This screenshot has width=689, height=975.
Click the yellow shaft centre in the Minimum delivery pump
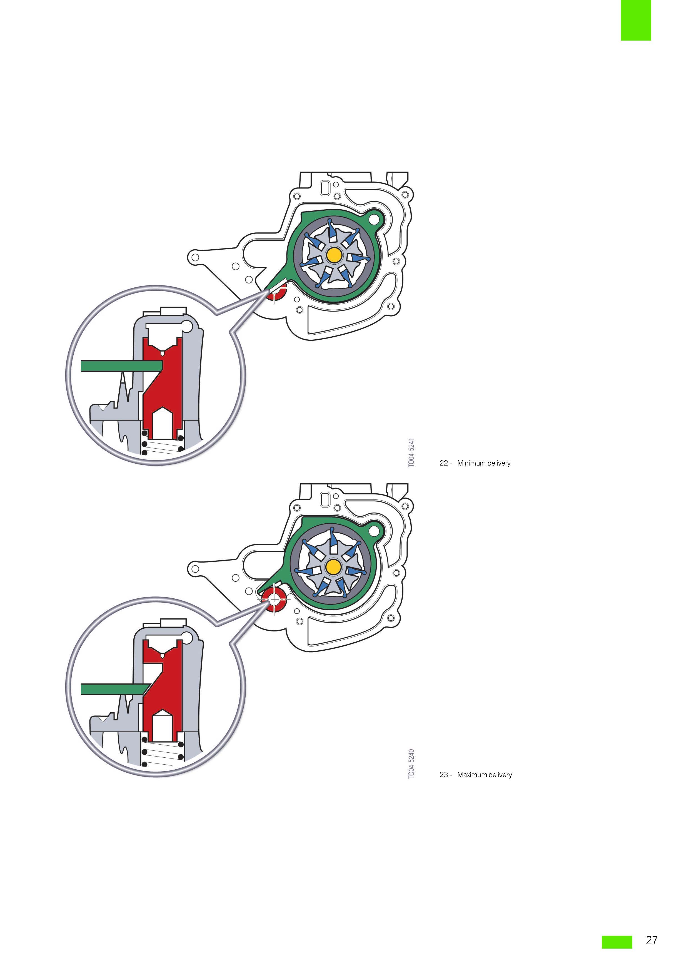(334, 255)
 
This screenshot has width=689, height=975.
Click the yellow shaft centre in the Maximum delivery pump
(334, 566)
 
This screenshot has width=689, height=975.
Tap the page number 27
(652, 940)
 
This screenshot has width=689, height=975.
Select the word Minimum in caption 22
(471, 463)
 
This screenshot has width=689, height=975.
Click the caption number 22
(444, 463)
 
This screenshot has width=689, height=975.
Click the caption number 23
(444, 775)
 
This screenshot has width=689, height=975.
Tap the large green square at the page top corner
(636, 20)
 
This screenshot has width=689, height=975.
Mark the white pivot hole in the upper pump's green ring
(374, 219)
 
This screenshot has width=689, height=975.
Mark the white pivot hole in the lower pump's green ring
(374, 530)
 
